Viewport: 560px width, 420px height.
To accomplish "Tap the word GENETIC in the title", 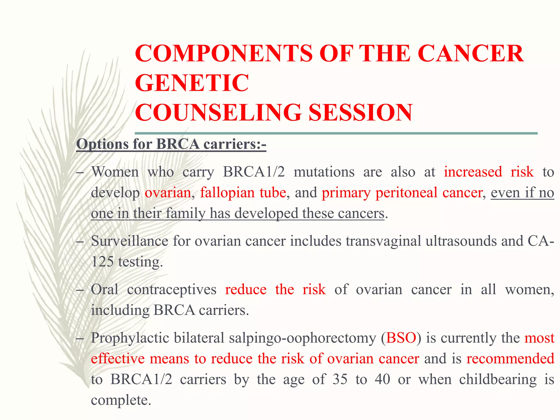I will (192, 83).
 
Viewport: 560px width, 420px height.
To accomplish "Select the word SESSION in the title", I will (360, 113).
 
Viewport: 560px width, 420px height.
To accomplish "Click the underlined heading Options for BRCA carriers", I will (171, 144).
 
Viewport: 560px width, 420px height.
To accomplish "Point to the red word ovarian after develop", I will (168, 192).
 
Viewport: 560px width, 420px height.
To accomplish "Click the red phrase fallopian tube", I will (243, 192).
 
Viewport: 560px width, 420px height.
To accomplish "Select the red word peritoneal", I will (406, 192).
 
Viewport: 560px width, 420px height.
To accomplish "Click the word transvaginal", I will (383, 241).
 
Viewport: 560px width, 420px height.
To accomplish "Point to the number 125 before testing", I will (102, 262).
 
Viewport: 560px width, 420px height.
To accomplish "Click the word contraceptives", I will (171, 289).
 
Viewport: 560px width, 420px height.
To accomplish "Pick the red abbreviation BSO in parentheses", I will (401, 338).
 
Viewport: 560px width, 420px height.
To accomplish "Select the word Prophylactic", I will (130, 338).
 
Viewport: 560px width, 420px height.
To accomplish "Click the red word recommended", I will (510, 358).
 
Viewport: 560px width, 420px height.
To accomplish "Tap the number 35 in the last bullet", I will (340, 379).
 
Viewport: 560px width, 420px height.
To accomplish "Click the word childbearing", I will (498, 379).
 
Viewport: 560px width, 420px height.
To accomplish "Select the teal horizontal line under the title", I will (336, 133).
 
